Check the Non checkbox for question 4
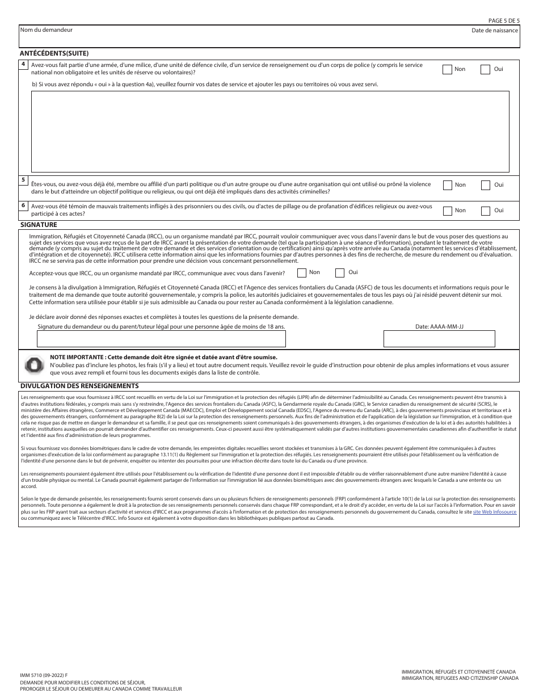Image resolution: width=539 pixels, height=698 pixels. point(447,69)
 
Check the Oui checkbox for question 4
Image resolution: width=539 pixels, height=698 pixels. point(486,69)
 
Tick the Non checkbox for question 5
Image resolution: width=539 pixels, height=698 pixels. point(447,185)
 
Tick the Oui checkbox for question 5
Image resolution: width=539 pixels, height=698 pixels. point(486,185)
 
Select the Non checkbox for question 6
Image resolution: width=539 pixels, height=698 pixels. point(447,211)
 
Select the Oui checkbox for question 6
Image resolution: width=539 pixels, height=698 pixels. point(486,211)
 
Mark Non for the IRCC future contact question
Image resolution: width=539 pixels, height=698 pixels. point(302,273)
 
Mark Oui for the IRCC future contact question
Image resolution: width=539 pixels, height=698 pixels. point(340,273)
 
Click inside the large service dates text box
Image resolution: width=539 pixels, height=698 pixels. point(269,131)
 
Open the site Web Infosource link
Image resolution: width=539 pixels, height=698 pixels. point(495,512)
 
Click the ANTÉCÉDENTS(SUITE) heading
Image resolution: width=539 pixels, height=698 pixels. point(54,53)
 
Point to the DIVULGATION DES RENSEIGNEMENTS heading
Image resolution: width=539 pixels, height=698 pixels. point(79,386)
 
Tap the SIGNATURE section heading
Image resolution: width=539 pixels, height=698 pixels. point(39,225)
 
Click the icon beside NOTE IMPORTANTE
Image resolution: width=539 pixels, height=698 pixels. point(34,365)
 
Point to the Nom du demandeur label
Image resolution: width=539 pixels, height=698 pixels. point(47,30)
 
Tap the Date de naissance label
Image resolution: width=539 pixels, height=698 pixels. point(494,30)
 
